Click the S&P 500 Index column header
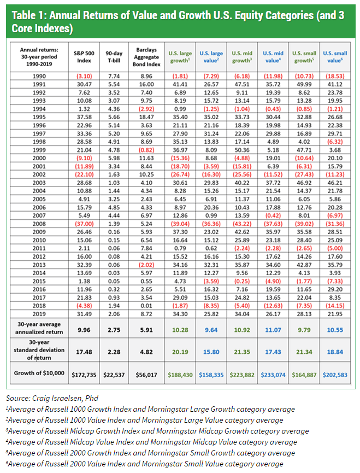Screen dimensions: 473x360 pyautogui.click(x=83, y=56)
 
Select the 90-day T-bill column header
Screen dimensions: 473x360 pyautogui.click(x=114, y=56)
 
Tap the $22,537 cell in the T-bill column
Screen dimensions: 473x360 pyautogui.click(x=114, y=374)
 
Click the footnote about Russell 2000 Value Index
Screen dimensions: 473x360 pyautogui.click(x=145, y=464)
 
